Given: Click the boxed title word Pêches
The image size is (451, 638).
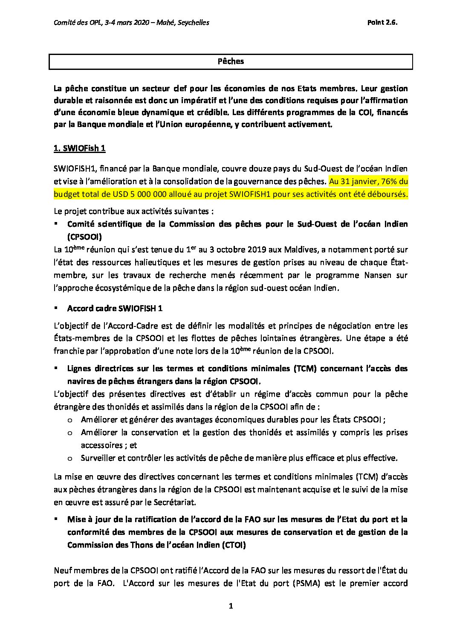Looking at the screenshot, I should (x=231, y=61).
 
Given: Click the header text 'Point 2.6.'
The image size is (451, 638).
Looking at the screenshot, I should (x=382, y=23).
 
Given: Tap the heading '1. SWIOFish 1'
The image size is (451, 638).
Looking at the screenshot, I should (x=79, y=148).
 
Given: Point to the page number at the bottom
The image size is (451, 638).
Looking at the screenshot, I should (x=231, y=606).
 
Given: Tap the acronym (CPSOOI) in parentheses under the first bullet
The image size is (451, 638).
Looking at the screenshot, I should (x=84, y=237).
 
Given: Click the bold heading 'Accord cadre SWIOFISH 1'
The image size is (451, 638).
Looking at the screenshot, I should (x=115, y=308).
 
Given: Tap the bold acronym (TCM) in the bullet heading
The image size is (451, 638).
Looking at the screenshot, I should (x=305, y=368).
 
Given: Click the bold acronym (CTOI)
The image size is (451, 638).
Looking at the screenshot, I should (x=234, y=545).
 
